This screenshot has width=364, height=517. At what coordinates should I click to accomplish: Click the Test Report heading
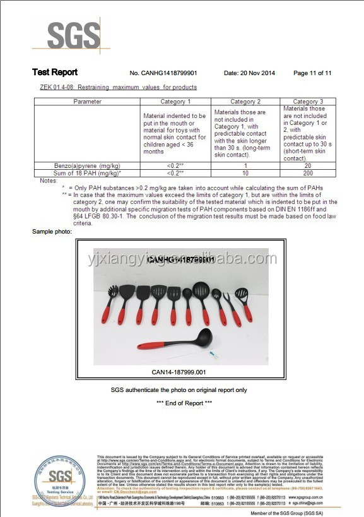(55, 73)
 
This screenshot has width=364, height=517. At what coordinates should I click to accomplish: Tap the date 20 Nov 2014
(249, 73)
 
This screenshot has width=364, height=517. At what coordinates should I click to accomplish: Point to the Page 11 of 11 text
(312, 73)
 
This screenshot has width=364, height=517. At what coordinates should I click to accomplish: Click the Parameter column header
(87, 102)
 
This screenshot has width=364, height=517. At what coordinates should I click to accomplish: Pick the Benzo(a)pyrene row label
(87, 165)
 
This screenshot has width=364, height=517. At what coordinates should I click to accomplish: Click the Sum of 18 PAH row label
(87, 172)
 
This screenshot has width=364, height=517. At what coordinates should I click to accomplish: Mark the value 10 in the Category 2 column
(245, 172)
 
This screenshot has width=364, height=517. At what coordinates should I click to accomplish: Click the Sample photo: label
(52, 232)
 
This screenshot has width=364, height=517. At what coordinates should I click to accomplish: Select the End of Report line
(184, 403)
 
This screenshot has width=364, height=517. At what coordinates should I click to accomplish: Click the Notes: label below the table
(49, 181)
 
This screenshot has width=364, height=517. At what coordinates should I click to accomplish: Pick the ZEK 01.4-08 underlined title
(118, 87)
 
